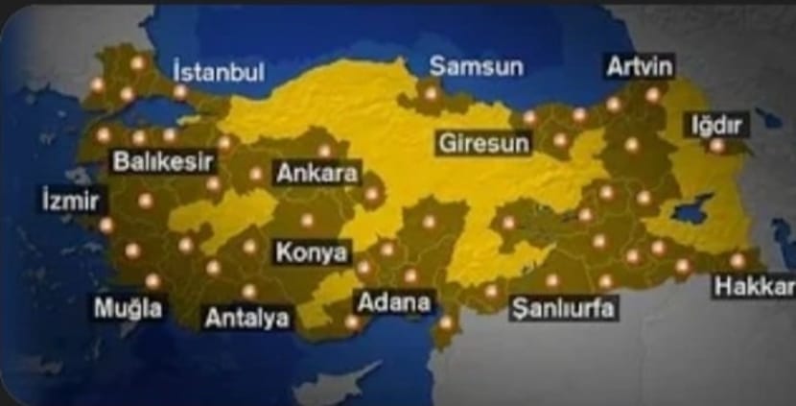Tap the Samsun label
point(476,66)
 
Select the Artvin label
point(640,66)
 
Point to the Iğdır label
point(717,125)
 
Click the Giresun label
point(483,144)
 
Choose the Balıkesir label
point(162,160)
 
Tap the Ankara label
point(316,174)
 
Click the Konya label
point(311,252)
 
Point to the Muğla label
point(128,308)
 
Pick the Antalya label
point(247,317)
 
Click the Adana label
point(393,301)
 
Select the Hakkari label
point(755,286)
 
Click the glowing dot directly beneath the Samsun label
point(431,93)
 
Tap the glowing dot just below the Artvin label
point(653,95)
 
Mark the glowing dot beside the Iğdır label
point(717,146)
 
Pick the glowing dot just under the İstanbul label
point(179,92)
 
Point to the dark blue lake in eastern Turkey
point(693,208)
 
